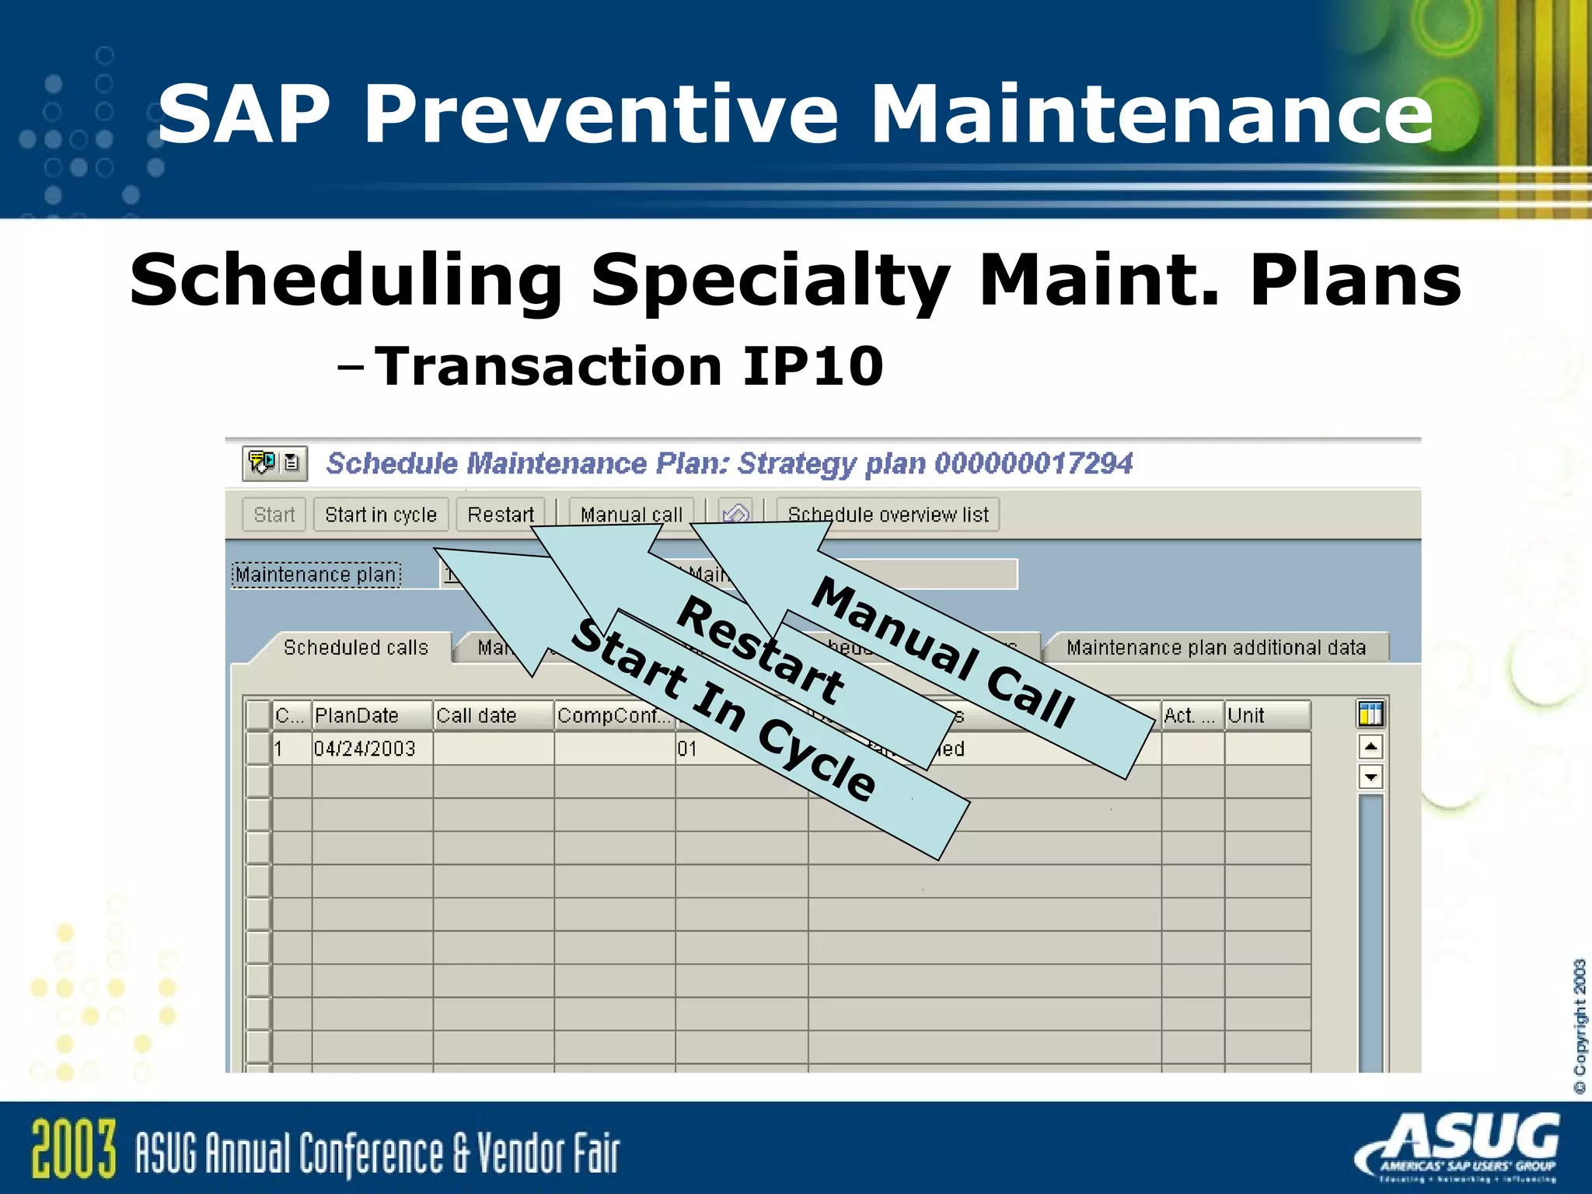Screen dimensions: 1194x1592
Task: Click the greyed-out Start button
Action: pyautogui.click(x=274, y=515)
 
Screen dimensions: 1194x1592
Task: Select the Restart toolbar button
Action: pyautogui.click(x=501, y=515)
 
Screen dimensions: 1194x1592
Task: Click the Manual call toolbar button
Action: pyautogui.click(x=630, y=515)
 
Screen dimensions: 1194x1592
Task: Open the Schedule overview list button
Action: pyautogui.click(x=888, y=515)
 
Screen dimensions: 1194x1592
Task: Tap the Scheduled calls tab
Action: pyautogui.click(x=355, y=648)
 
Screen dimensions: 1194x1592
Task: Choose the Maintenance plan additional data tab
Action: pyautogui.click(x=1215, y=648)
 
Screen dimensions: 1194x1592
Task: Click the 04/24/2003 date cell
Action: pyautogui.click(x=365, y=749)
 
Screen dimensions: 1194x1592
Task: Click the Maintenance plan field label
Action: pyautogui.click(x=316, y=574)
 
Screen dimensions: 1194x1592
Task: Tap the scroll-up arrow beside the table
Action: pyautogui.click(x=1370, y=747)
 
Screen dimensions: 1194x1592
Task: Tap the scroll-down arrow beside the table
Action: pyautogui.click(x=1370, y=777)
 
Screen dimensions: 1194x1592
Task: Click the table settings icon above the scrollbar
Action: pyautogui.click(x=1370, y=714)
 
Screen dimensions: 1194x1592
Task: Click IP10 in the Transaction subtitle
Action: pyautogui.click(x=813, y=366)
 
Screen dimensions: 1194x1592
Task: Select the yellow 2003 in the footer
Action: pyautogui.click(x=74, y=1149)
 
